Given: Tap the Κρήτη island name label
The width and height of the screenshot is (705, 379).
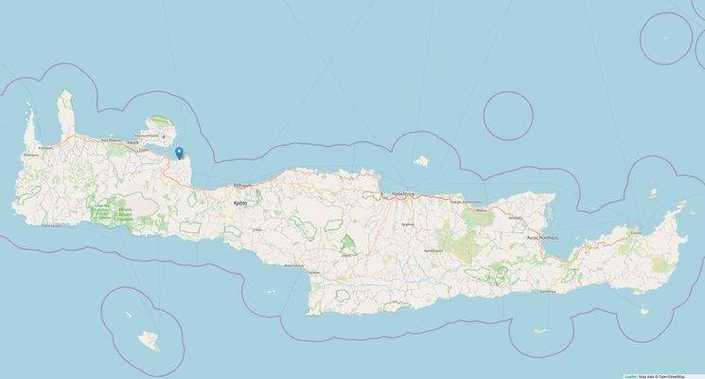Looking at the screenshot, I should pyautogui.click(x=241, y=203).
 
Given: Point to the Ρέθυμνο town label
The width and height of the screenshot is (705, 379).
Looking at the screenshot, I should pyautogui.click(x=242, y=186).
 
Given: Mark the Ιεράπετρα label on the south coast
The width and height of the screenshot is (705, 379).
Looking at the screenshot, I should pyautogui.click(x=547, y=291).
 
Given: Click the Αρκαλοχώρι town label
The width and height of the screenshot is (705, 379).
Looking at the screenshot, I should pyautogui.click(x=434, y=249).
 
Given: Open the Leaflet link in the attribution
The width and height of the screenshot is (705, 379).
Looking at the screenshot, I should pyautogui.click(x=629, y=375).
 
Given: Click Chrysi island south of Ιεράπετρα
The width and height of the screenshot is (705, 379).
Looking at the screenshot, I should pyautogui.click(x=539, y=332).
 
